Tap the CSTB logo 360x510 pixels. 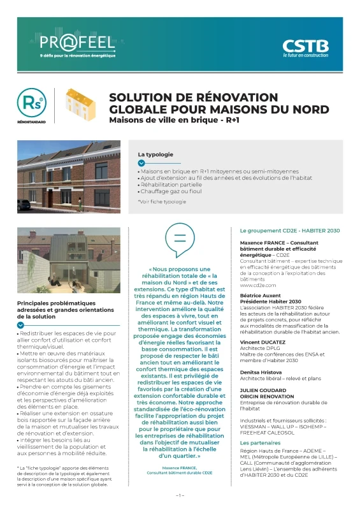(x=306, y=46)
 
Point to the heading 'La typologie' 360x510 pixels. (x=155, y=154)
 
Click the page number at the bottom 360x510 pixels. (x=180, y=495)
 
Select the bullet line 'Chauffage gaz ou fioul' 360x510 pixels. (x=169, y=190)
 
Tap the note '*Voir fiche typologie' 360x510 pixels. (x=162, y=201)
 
